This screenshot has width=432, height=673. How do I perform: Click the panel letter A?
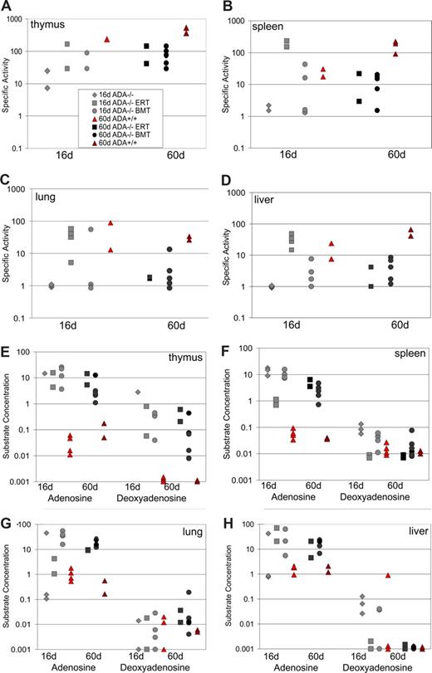pyautogui.click(x=7, y=7)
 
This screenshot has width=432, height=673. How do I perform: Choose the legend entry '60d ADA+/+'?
pyautogui.click(x=108, y=144)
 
